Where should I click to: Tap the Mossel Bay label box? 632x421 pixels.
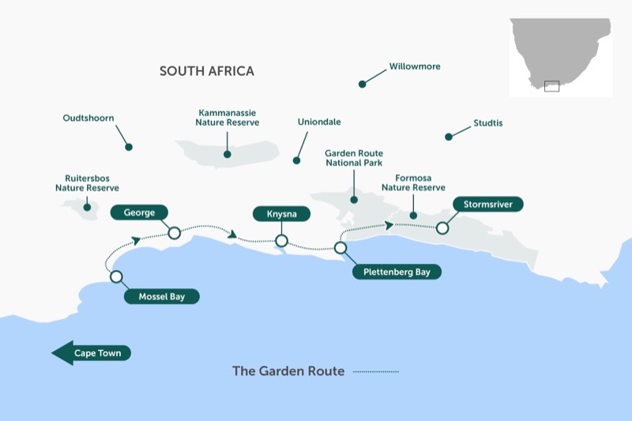(162, 297)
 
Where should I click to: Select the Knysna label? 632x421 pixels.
(281, 214)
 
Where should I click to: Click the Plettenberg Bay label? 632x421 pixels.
(397, 273)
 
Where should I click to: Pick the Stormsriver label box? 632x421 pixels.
(487, 204)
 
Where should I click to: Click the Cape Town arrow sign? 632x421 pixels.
(92, 353)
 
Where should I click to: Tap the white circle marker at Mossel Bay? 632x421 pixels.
(116, 276)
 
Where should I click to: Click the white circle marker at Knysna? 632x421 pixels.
(281, 241)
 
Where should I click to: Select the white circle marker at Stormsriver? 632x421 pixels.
(442, 228)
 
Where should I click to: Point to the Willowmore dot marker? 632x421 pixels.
(363, 84)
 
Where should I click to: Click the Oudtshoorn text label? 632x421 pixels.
(88, 118)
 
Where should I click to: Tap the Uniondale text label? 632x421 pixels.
(319, 122)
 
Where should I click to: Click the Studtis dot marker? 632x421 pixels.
(449, 137)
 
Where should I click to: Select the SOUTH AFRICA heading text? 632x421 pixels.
(207, 72)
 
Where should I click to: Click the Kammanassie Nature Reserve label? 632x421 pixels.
(228, 118)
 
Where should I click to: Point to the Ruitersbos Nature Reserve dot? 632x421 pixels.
(87, 208)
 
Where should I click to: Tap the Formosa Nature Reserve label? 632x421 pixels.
(413, 182)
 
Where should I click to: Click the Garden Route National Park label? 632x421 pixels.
(354, 158)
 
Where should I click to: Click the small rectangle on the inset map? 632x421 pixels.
(551, 86)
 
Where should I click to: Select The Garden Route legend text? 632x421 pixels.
(288, 371)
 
